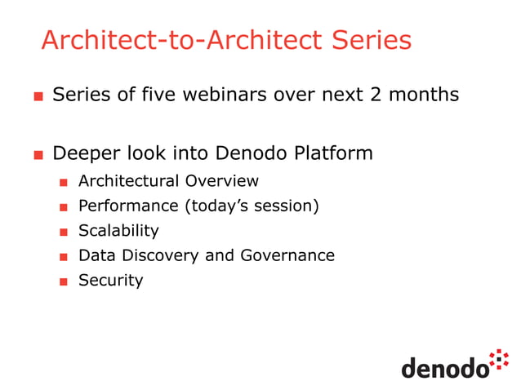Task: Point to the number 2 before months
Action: coord(375,95)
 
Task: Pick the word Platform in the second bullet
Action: coord(336,153)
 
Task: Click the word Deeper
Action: coord(85,153)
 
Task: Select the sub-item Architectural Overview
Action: coord(168,181)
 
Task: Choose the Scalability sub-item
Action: coord(118,231)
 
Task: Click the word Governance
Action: coord(287,255)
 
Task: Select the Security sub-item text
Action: coord(110,280)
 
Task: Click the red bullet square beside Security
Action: coord(63,281)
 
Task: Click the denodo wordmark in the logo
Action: coord(444,368)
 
